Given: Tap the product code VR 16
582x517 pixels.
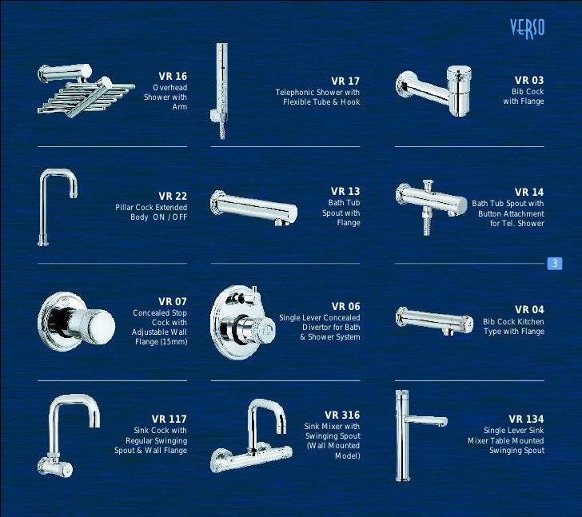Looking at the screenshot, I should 173,76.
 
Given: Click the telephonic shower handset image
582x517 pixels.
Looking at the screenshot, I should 220,90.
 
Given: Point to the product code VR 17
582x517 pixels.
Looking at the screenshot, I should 345,81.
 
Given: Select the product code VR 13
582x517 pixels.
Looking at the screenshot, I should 345,191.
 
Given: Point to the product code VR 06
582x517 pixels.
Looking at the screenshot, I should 345,306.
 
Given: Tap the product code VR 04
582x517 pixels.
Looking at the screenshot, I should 529,309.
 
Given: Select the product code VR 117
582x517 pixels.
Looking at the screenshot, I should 169,418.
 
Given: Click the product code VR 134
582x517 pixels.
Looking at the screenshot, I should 526,419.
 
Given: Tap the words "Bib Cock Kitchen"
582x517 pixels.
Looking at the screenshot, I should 513,321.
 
